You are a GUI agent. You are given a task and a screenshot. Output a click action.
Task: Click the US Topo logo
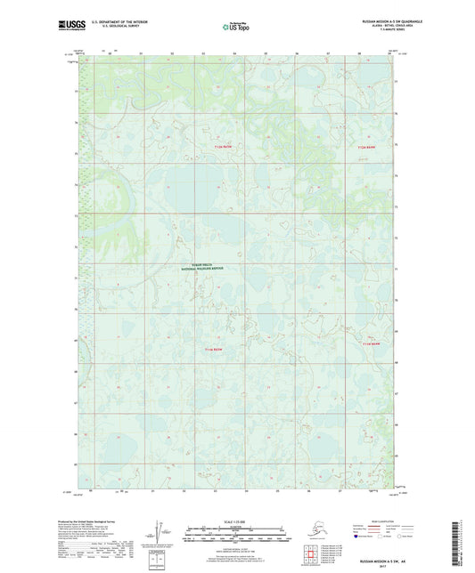[x=236, y=28]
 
